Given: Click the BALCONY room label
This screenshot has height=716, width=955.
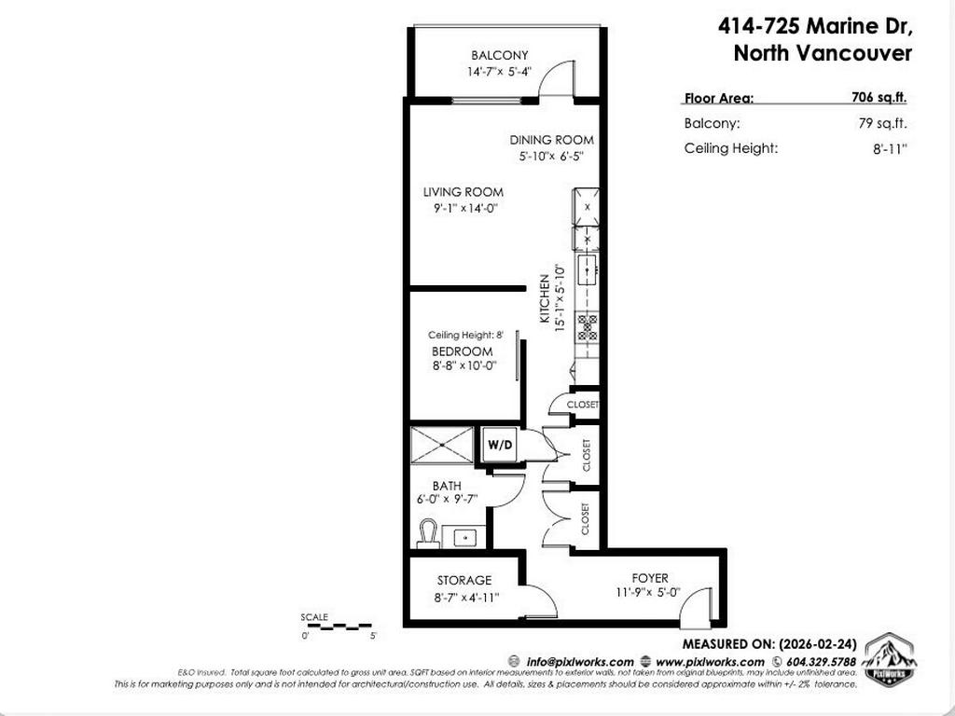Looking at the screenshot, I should (x=499, y=56).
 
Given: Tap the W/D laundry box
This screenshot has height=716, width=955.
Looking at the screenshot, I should (x=500, y=445).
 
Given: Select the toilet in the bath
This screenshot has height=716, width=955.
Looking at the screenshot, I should (x=427, y=534).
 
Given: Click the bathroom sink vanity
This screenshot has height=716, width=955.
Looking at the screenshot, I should (x=464, y=538).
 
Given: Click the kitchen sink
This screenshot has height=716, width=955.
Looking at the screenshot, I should (x=588, y=268).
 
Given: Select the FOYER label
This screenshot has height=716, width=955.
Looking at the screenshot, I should (x=649, y=579).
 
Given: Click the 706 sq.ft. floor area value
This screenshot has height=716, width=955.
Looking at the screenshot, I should (x=879, y=97).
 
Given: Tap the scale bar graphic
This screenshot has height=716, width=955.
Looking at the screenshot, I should (x=336, y=626).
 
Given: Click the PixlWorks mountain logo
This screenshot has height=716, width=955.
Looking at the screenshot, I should (x=890, y=660).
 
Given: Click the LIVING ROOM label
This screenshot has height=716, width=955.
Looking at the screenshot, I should (x=463, y=192).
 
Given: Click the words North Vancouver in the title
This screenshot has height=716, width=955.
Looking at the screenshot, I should (x=822, y=53).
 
